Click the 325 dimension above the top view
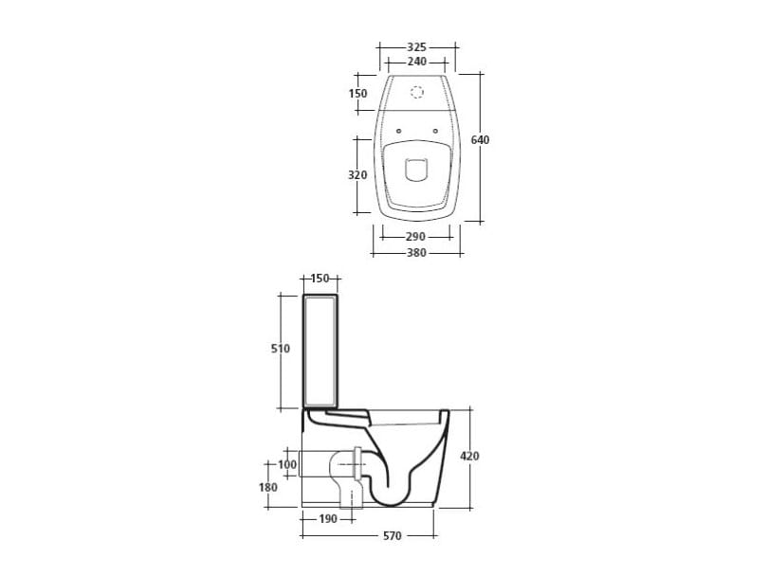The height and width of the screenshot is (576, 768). tap(417, 47)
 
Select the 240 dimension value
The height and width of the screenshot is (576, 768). tap(417, 62)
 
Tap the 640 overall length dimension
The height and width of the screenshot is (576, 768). tap(480, 140)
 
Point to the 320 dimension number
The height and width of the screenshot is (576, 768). tap(357, 174)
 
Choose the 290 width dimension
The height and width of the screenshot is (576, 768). tap(415, 237)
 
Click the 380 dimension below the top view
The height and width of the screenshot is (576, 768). tap(416, 253)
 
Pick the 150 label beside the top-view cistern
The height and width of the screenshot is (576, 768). tap(358, 93)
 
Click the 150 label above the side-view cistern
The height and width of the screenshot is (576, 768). tap(320, 279)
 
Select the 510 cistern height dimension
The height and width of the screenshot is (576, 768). tap(281, 349)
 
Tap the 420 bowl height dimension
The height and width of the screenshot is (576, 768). tap(469, 456)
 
